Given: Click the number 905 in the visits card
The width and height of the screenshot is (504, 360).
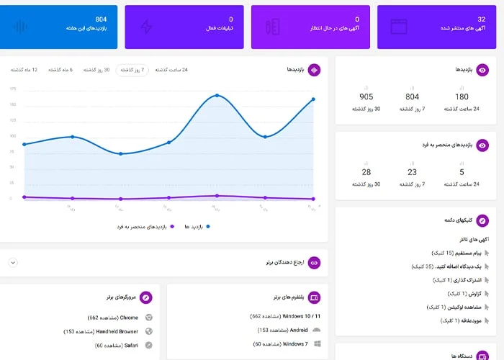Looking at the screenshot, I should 366,96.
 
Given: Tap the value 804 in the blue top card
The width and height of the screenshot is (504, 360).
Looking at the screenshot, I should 101,19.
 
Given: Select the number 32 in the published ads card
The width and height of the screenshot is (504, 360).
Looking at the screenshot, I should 481,19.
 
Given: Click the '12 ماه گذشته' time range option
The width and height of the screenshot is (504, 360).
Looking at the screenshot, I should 24,70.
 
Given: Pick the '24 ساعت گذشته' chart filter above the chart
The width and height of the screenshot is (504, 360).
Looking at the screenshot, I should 175,70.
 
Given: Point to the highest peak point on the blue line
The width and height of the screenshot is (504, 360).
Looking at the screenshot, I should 217,95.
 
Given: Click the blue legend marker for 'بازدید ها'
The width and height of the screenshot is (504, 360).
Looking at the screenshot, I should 208,226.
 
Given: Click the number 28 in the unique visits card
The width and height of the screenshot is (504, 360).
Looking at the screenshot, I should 366,172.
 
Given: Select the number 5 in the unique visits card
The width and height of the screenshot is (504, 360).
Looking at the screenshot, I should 462,172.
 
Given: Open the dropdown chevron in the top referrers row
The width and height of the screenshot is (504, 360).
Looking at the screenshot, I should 13,263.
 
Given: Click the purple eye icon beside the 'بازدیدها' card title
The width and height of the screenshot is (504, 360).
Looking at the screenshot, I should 483,70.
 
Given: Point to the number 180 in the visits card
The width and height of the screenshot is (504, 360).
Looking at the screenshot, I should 462,96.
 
